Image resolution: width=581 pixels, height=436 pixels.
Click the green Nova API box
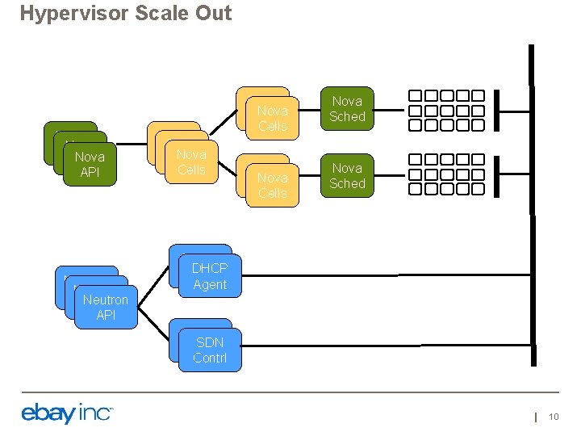[89, 164]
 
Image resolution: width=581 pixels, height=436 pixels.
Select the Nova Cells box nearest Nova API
[191, 161]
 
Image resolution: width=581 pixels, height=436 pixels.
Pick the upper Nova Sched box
[347, 109]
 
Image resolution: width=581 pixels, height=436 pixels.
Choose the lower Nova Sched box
[347, 176]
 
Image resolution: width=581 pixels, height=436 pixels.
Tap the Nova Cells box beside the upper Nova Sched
[272, 118]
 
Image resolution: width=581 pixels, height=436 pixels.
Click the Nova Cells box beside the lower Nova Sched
[272, 185]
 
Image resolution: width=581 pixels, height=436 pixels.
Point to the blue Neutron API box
[106, 307]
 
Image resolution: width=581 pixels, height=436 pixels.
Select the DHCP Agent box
[210, 276]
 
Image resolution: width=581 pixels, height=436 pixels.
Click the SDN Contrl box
[210, 350]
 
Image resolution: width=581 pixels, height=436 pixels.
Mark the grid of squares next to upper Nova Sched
[445, 110]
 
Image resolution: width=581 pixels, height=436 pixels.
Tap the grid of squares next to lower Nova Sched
[445, 177]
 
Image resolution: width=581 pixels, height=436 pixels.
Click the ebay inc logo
[67, 413]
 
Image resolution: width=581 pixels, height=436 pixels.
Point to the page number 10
[554, 416]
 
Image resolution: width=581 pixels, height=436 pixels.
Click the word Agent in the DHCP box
[210, 284]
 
